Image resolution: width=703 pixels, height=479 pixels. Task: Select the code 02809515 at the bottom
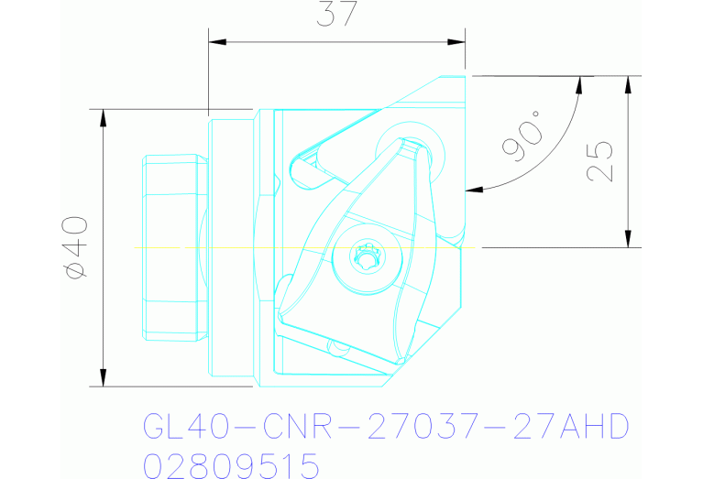pos(231,465)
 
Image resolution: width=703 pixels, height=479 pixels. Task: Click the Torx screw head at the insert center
pos(367,258)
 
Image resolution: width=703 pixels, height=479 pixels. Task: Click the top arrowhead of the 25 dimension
pos(628,82)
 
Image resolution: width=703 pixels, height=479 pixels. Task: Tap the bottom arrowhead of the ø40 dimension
pos(103,379)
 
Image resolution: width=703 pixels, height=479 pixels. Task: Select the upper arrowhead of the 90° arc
pos(579,83)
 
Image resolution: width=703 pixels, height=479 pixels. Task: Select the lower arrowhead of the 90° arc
pos(473,191)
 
